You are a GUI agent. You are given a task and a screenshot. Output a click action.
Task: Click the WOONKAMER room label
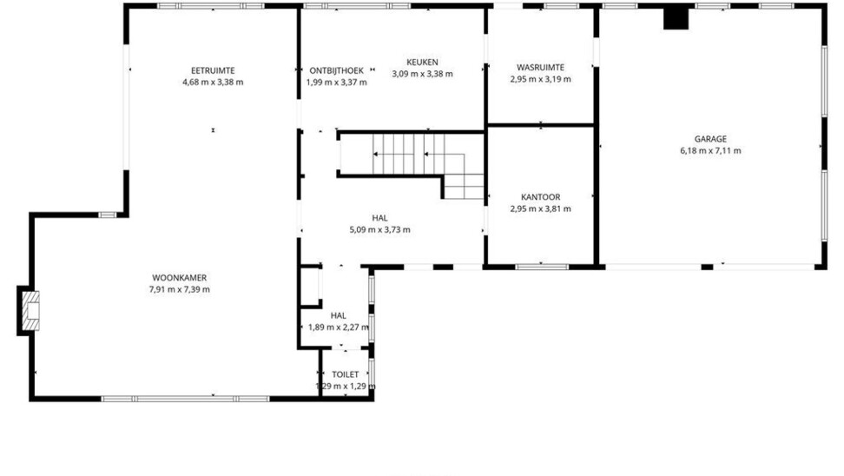179,278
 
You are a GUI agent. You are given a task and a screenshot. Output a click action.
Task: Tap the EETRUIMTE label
213,70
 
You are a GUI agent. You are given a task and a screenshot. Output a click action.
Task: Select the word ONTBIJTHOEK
336,70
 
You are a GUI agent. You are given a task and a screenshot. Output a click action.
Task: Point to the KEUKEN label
422,63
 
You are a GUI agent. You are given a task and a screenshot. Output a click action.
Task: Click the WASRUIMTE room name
540,67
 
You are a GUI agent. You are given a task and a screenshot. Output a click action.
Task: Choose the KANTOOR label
540,197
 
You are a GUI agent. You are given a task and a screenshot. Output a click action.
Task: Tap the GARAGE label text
710,139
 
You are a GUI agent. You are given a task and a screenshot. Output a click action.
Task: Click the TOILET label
345,374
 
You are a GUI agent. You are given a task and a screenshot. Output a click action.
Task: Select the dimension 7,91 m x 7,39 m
179,290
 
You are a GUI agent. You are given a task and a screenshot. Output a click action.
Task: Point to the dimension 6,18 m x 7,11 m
710,151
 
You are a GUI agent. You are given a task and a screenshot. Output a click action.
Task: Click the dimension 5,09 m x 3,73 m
379,230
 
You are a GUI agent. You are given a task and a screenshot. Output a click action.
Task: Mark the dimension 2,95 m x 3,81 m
540,209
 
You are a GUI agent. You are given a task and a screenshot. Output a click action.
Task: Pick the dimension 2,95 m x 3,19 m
540,79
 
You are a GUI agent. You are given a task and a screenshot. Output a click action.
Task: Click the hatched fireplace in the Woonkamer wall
30,311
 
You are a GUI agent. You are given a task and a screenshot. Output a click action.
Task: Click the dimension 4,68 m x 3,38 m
213,83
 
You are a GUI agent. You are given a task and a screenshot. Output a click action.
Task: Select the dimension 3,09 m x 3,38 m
422,75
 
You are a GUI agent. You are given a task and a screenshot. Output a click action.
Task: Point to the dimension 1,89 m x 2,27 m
339,327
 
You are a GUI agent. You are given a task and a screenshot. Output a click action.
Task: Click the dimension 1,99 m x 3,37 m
336,83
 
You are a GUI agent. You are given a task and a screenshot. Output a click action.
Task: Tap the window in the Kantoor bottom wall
542,267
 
